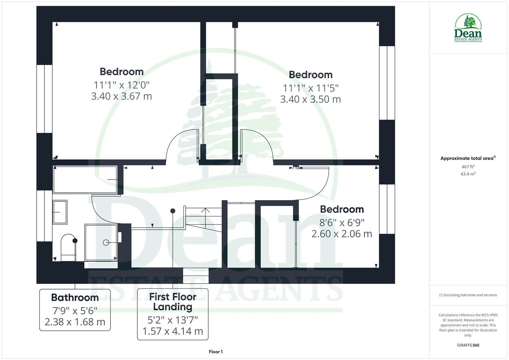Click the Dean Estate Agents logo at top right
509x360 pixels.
click(468, 28)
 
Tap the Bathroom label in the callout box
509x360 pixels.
click(75, 297)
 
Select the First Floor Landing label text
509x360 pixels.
click(173, 302)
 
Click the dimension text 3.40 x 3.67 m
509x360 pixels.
click(121, 96)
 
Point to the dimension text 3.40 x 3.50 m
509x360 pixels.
click(310, 99)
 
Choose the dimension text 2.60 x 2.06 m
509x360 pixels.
click(342, 234)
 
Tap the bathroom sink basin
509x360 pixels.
click(60, 212)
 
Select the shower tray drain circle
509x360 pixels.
click(106, 243)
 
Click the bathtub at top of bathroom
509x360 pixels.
click(85, 180)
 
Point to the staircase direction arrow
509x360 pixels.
click(205, 211)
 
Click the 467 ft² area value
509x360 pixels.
click(468, 167)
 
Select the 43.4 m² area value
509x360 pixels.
click(468, 174)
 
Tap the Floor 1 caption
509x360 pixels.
click(216, 352)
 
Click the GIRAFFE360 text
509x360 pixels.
click(468, 345)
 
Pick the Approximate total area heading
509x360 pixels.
click(467, 158)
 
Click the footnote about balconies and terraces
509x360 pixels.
click(468, 295)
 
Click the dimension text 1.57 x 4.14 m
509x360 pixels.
click(173, 331)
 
